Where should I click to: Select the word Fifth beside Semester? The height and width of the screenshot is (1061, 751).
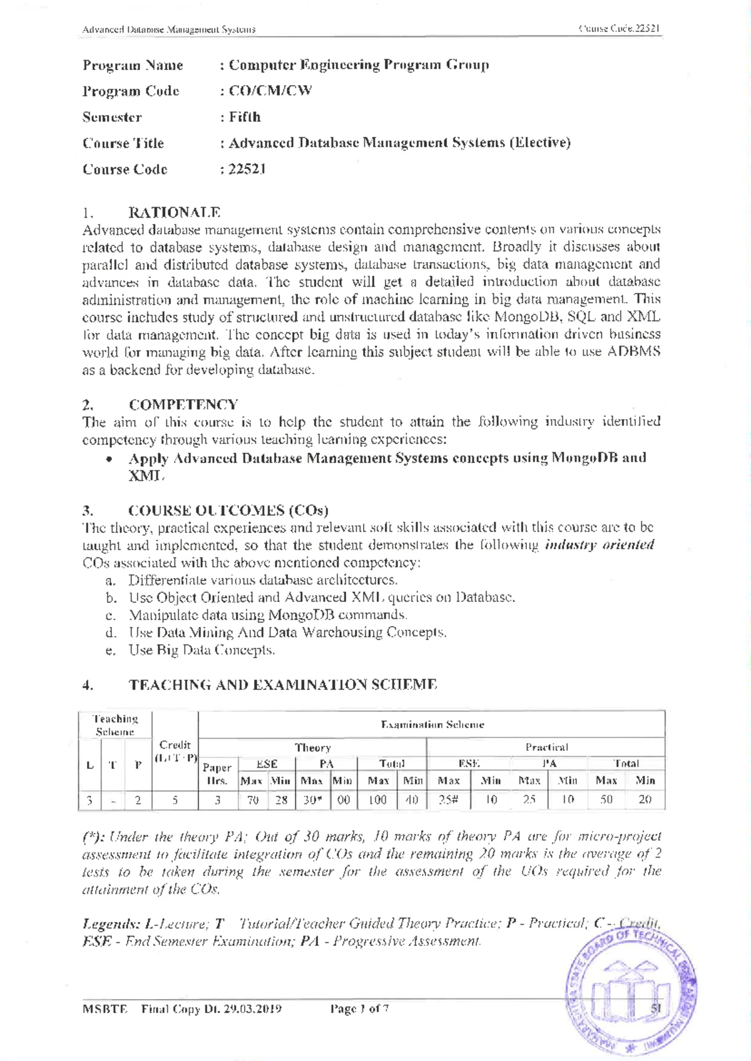pos(245,117)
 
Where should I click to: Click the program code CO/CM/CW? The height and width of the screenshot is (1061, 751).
pos(270,91)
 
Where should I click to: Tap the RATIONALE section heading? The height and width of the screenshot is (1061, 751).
pos(174,213)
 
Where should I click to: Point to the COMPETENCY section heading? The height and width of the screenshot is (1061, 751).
pos(183,405)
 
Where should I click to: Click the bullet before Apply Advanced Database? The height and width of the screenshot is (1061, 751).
pos(110,459)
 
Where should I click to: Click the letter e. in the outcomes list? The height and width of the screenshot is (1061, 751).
pos(111,651)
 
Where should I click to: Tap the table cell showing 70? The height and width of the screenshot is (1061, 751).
pos(253,800)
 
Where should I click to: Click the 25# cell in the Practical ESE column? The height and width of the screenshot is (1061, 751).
pos(448,800)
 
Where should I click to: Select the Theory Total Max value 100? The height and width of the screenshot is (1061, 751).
pos(377,800)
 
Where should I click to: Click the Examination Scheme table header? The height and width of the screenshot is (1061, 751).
pos(432,724)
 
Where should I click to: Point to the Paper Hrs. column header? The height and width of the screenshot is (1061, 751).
pos(217,774)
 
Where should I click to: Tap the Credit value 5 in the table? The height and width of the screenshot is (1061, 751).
pos(175,800)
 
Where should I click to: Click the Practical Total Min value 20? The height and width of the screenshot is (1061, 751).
pos(645,800)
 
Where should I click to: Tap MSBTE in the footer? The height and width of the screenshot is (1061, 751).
pos(105,1009)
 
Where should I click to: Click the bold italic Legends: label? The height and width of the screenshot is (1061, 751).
pos(111,924)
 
